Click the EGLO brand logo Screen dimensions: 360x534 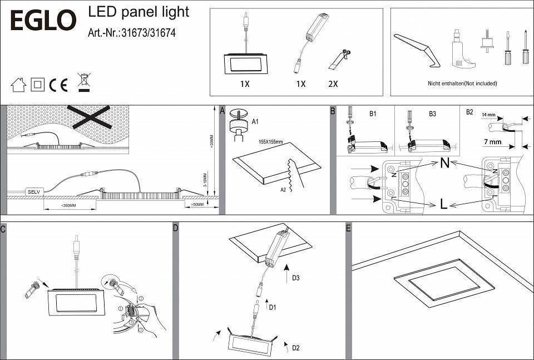(42, 20)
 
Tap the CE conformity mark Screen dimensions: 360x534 (58, 85)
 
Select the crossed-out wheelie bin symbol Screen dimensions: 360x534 (84, 82)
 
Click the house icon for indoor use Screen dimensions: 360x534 (19, 85)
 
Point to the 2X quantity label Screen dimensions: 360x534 (333, 84)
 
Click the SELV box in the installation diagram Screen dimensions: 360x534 (33, 191)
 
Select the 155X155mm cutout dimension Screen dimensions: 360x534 (270, 142)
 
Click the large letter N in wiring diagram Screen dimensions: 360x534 (444, 164)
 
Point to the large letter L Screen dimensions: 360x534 (443, 205)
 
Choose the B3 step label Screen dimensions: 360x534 (432, 114)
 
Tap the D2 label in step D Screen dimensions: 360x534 (296, 348)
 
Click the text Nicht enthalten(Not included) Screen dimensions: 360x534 (462, 83)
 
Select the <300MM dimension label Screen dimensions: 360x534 (68, 206)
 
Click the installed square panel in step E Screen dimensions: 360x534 (443, 283)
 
